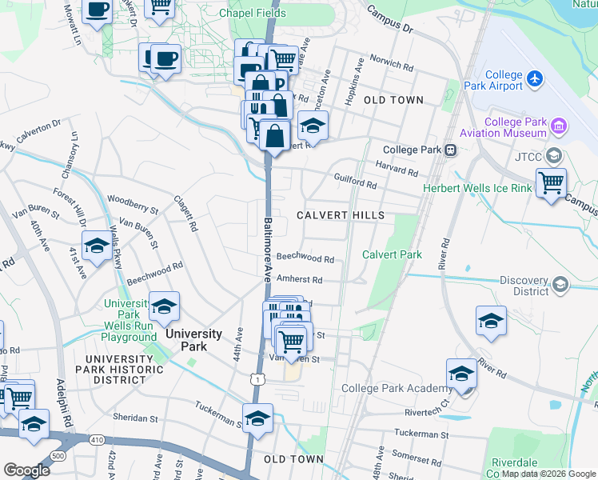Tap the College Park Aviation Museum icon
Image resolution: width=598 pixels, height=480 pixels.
click(559, 126)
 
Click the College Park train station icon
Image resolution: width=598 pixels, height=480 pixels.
click(451, 150)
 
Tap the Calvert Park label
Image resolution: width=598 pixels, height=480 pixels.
click(392, 254)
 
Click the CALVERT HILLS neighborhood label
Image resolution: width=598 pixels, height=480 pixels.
click(340, 215)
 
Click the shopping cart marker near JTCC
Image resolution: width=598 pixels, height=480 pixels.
click(551, 183)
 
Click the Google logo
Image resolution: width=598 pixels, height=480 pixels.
click(26, 470)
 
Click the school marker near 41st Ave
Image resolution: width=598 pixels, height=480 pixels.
click(97, 247)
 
